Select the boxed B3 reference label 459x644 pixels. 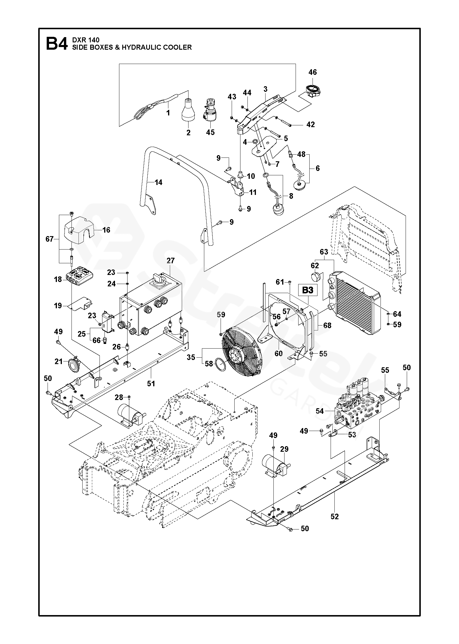click(x=307, y=290)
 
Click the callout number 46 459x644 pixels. click(x=313, y=72)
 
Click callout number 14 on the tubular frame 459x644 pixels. click(x=158, y=182)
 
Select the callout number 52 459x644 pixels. click(x=335, y=517)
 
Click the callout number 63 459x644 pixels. click(x=324, y=252)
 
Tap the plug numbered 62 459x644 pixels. click(x=316, y=276)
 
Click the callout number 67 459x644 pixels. click(x=50, y=239)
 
